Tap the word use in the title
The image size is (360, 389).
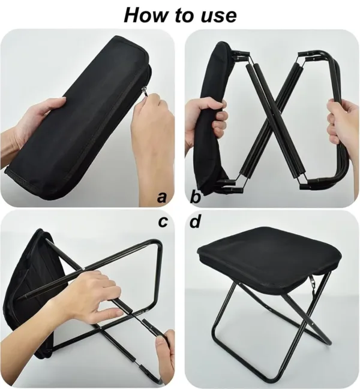click(214, 16)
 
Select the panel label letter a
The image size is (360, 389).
click(161, 196)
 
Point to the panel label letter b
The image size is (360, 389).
click(195, 196)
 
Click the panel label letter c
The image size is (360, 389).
click(162, 222)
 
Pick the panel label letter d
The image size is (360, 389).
click(195, 222)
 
